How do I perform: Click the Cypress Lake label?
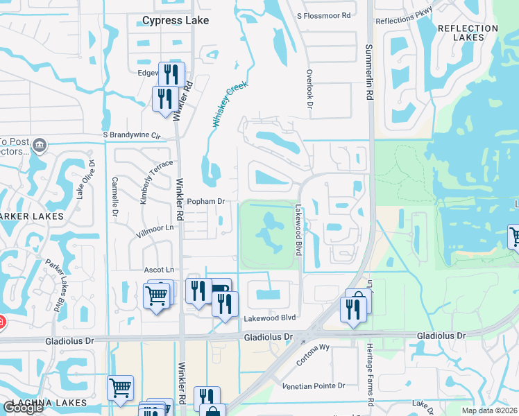click(175, 21)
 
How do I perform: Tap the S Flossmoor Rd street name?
click(324, 15)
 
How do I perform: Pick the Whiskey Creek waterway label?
click(229, 105)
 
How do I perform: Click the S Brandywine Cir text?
click(131, 135)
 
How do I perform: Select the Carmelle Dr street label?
click(114, 197)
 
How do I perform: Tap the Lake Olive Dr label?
click(85, 180)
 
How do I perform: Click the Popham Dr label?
click(207, 202)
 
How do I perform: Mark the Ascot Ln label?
click(158, 269)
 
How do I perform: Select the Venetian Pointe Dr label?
click(313, 385)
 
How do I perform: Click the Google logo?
click(24, 408)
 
